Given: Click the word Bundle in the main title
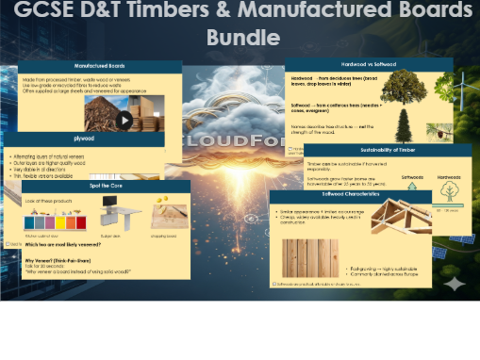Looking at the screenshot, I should [243, 38].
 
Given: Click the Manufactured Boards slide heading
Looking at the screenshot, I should [101, 67].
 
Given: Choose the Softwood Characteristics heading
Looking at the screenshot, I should [351, 197].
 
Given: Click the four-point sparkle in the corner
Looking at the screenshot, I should [455, 283].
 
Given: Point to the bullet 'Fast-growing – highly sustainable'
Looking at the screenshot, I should [386, 268].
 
